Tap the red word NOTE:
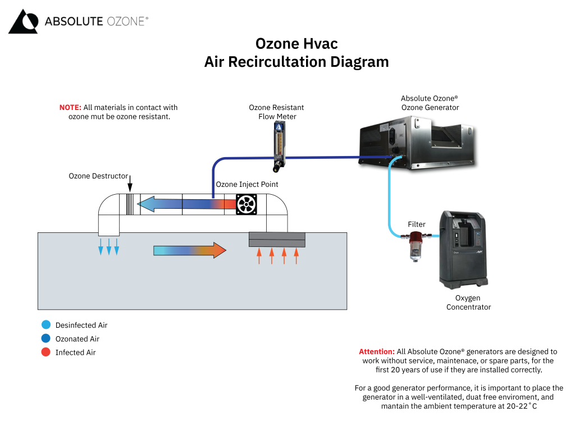(x=70, y=107)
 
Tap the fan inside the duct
(x=246, y=204)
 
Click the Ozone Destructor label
(x=98, y=176)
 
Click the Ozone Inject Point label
(x=247, y=185)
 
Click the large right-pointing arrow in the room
(x=190, y=250)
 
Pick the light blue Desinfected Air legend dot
(x=46, y=325)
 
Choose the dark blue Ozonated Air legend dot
(x=46, y=339)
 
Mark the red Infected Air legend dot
(x=46, y=352)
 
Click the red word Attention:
(x=376, y=352)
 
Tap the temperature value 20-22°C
(x=519, y=406)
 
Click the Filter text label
(x=417, y=224)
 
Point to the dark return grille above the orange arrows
(x=277, y=240)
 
